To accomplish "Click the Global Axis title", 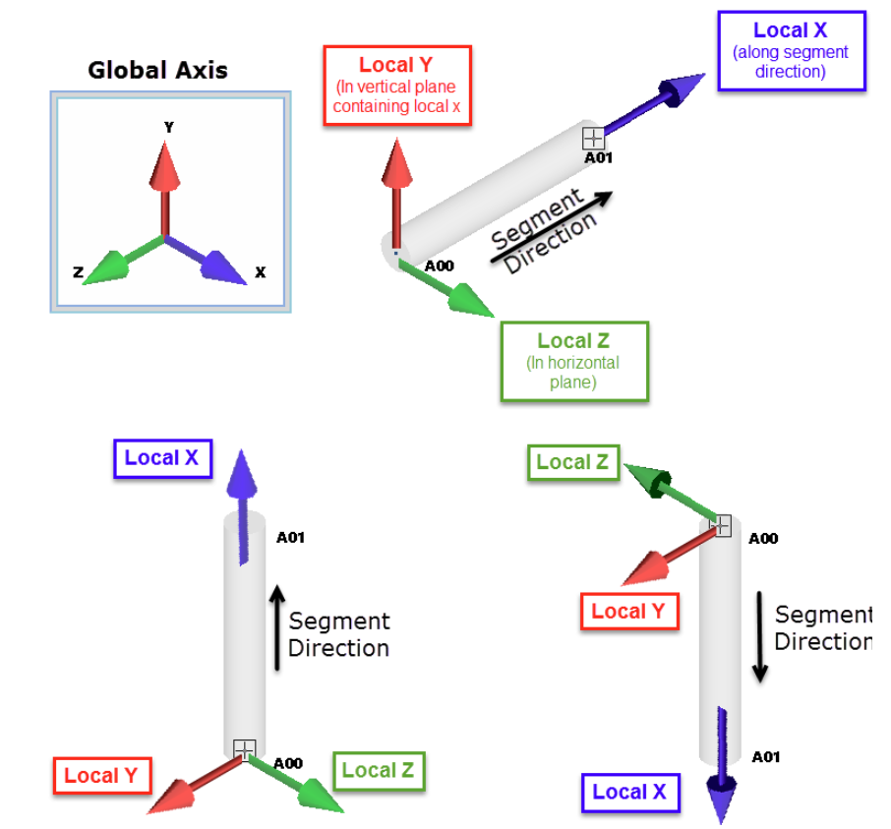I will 157,71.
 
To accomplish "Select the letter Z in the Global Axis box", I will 78,272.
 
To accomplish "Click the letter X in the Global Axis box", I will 260,272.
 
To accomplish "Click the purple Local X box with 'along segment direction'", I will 791,51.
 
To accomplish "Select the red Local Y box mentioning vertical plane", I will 396,86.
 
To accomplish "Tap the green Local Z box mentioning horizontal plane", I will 573,361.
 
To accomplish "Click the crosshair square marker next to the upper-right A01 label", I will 593,138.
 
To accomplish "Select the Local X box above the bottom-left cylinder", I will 162,458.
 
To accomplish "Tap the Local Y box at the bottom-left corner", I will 101,776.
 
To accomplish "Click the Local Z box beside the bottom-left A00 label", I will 379,771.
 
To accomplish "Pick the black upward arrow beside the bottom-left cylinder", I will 277,627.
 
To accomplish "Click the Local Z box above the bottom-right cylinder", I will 572,462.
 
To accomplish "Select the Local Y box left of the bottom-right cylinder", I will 628,612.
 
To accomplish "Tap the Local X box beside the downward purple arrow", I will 629,793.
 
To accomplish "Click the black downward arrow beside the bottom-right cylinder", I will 759,634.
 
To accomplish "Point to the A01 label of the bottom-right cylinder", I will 765,757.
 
